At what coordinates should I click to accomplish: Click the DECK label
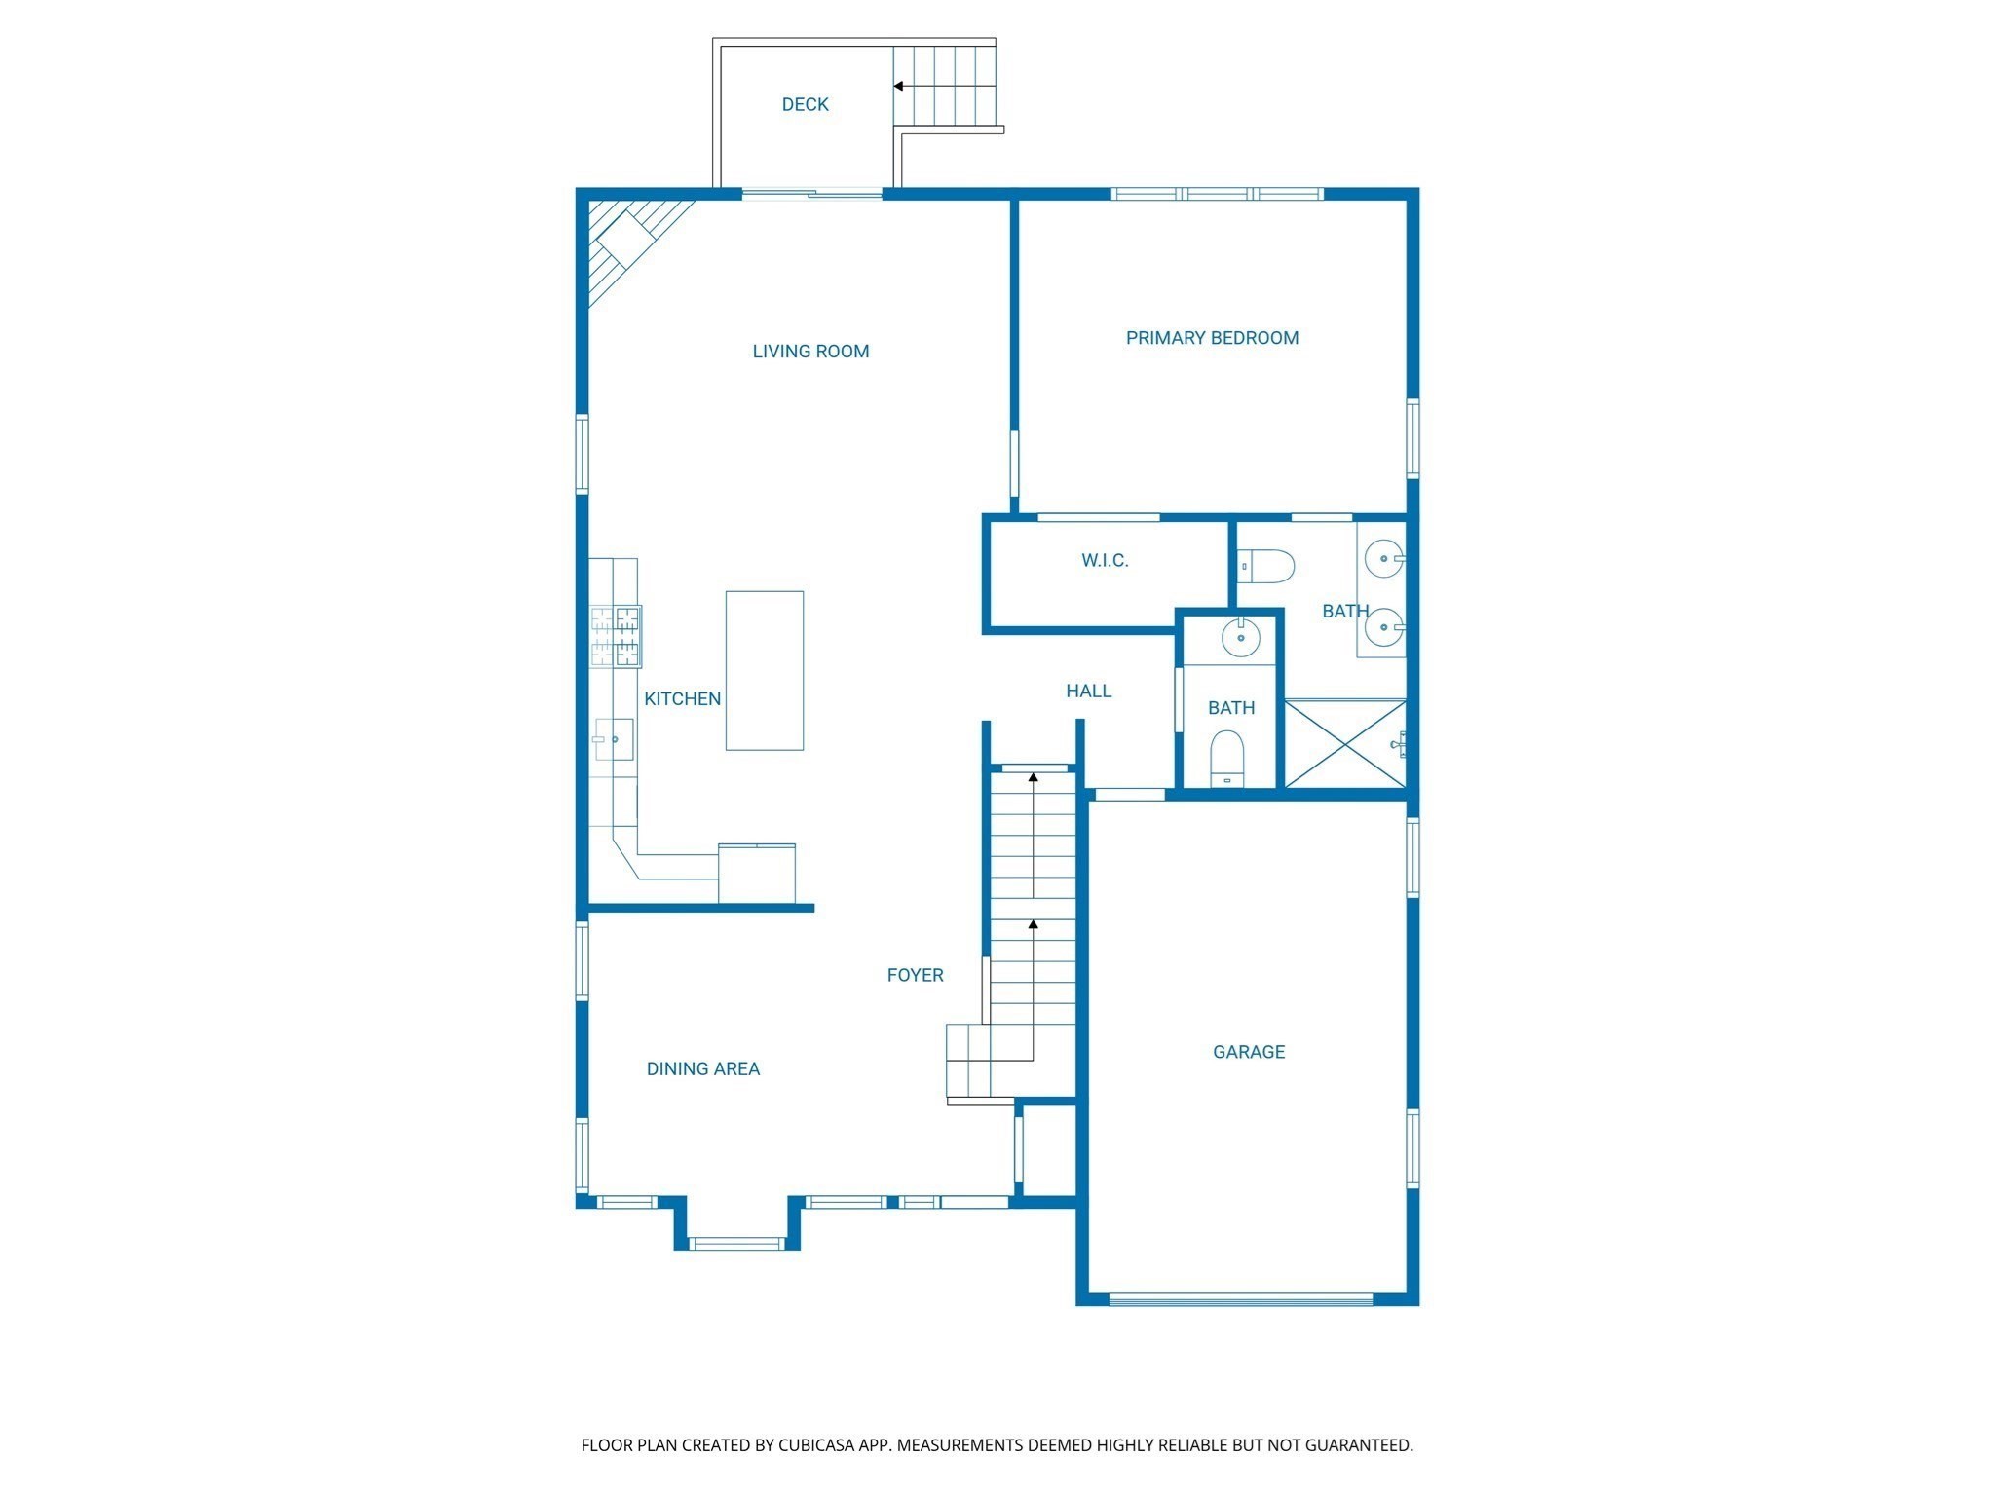[x=805, y=104]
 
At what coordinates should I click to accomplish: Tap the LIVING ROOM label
[x=810, y=352]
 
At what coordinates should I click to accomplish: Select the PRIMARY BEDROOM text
[x=1212, y=338]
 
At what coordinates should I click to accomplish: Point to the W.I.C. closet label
[x=1105, y=560]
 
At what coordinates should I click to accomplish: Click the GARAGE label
[x=1249, y=1052]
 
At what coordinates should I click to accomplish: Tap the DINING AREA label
[x=702, y=1068]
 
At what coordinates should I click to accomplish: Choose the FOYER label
[x=915, y=975]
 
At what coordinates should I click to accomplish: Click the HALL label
[x=1088, y=691]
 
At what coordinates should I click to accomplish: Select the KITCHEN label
[x=682, y=698]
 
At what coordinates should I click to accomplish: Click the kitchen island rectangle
[x=765, y=670]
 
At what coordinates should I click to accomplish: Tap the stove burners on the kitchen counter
[x=616, y=636]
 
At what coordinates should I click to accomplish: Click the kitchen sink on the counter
[x=615, y=740]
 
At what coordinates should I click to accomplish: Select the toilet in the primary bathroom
[x=1266, y=566]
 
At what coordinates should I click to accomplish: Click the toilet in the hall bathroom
[x=1227, y=758]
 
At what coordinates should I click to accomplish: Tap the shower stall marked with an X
[x=1344, y=743]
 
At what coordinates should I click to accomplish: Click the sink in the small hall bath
[x=1241, y=639]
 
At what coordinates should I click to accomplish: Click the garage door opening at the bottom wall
[x=1241, y=1299]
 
